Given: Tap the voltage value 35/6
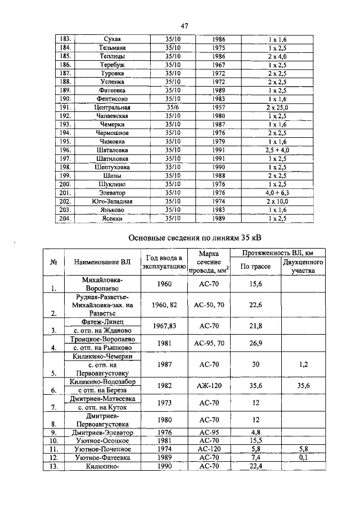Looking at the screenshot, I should (173, 107).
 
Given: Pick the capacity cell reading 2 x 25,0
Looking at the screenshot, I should (277, 107).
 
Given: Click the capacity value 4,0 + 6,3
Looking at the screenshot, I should (277, 192).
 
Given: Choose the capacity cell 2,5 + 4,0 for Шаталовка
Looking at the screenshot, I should (277, 150).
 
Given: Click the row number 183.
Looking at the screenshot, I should (65, 38).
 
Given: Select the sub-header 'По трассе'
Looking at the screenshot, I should (256, 267).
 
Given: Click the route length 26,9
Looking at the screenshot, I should (256, 343).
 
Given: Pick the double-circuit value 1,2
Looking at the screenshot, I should (303, 364).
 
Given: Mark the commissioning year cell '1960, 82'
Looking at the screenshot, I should (165, 305).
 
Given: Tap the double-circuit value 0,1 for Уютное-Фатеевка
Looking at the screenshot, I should (303, 458).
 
